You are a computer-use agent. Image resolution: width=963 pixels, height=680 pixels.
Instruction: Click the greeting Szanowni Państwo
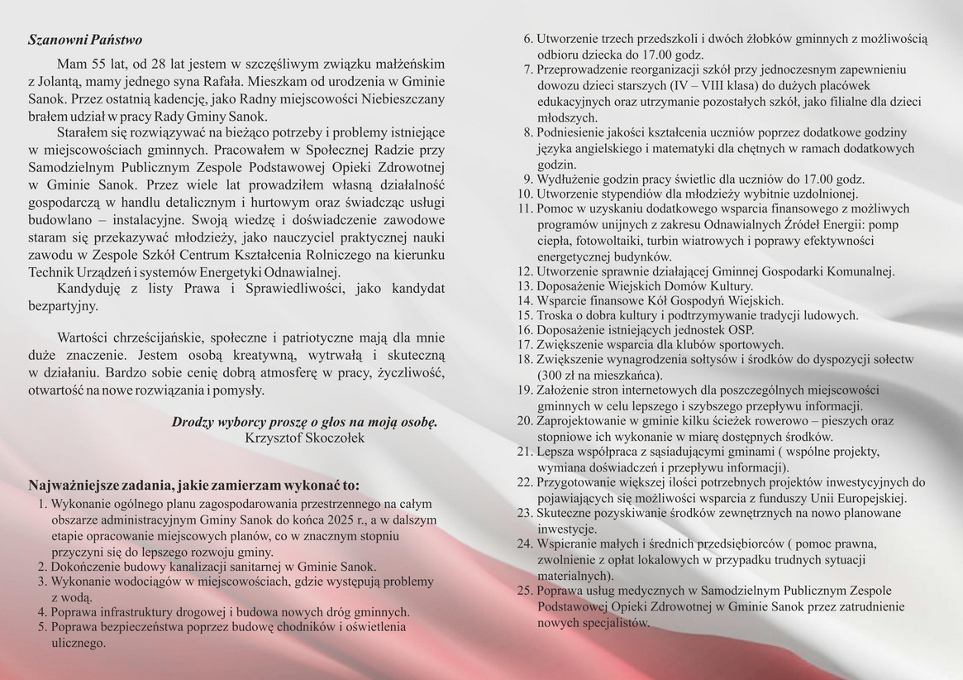tap(85, 40)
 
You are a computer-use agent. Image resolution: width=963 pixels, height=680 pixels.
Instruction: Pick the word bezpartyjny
tap(63, 305)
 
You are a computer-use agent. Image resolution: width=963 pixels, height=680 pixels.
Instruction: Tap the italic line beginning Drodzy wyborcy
tap(304, 422)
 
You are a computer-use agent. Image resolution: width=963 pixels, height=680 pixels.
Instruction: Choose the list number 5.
tap(42, 627)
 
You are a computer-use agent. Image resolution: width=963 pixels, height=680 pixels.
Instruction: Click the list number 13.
tap(525, 285)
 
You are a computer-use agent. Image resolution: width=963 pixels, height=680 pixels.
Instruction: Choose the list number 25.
tap(525, 591)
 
